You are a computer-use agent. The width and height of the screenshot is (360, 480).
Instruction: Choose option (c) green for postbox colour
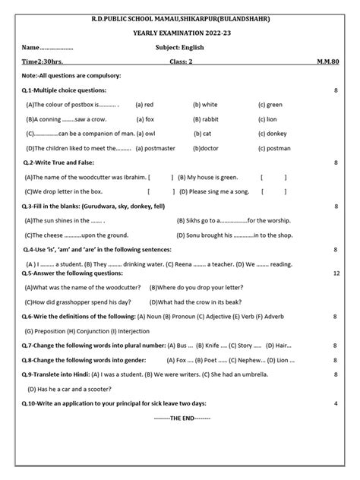270,104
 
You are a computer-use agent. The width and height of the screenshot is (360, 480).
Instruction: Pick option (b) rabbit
206,118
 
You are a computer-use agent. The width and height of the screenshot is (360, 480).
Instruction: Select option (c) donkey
272,133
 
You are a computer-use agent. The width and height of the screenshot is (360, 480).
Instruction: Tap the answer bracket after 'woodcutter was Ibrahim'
161,177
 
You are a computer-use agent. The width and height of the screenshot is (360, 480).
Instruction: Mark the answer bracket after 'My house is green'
273,177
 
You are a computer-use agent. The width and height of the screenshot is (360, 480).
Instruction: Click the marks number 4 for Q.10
336,403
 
